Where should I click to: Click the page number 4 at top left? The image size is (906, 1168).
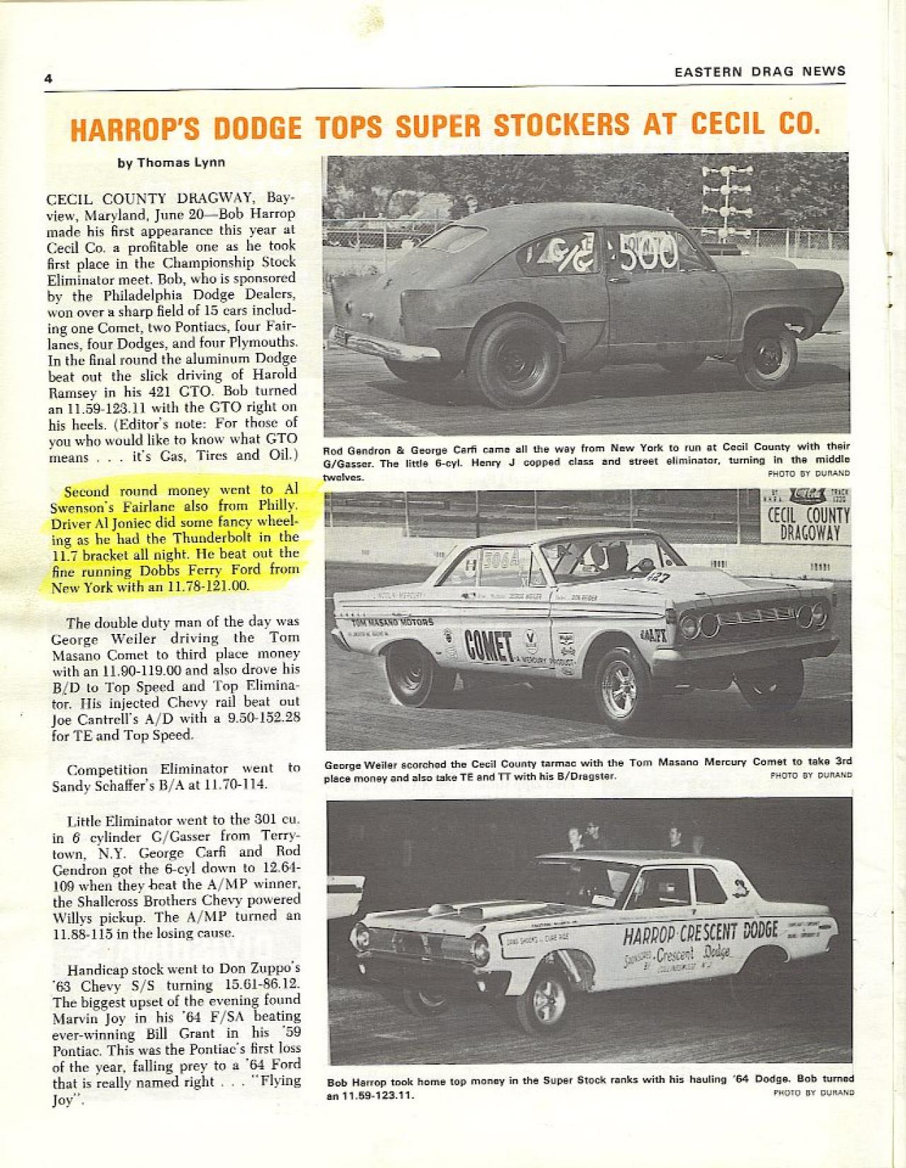pos(48,79)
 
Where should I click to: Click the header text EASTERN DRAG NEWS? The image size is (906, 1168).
pos(759,71)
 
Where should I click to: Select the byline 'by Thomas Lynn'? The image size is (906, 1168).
pos(171,162)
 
